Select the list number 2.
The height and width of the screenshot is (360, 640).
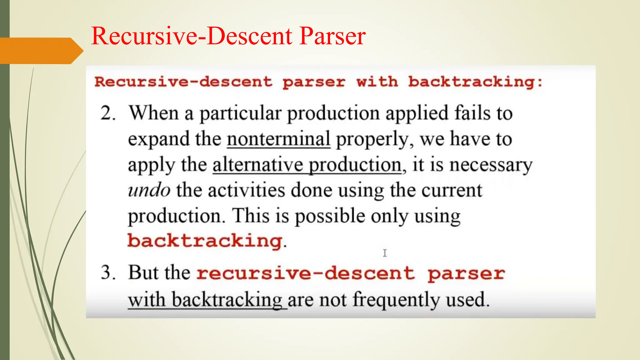[108, 113]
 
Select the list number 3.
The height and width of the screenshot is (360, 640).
[108, 272]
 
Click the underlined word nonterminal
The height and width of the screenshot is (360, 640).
[278, 139]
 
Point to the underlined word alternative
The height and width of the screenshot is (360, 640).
[259, 165]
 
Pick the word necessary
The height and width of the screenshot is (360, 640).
[491, 165]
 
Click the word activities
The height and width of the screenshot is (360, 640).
[247, 190]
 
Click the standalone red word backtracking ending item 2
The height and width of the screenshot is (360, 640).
[205, 241]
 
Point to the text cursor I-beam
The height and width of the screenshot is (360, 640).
[385, 253]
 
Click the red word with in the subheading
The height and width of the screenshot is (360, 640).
[377, 82]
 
